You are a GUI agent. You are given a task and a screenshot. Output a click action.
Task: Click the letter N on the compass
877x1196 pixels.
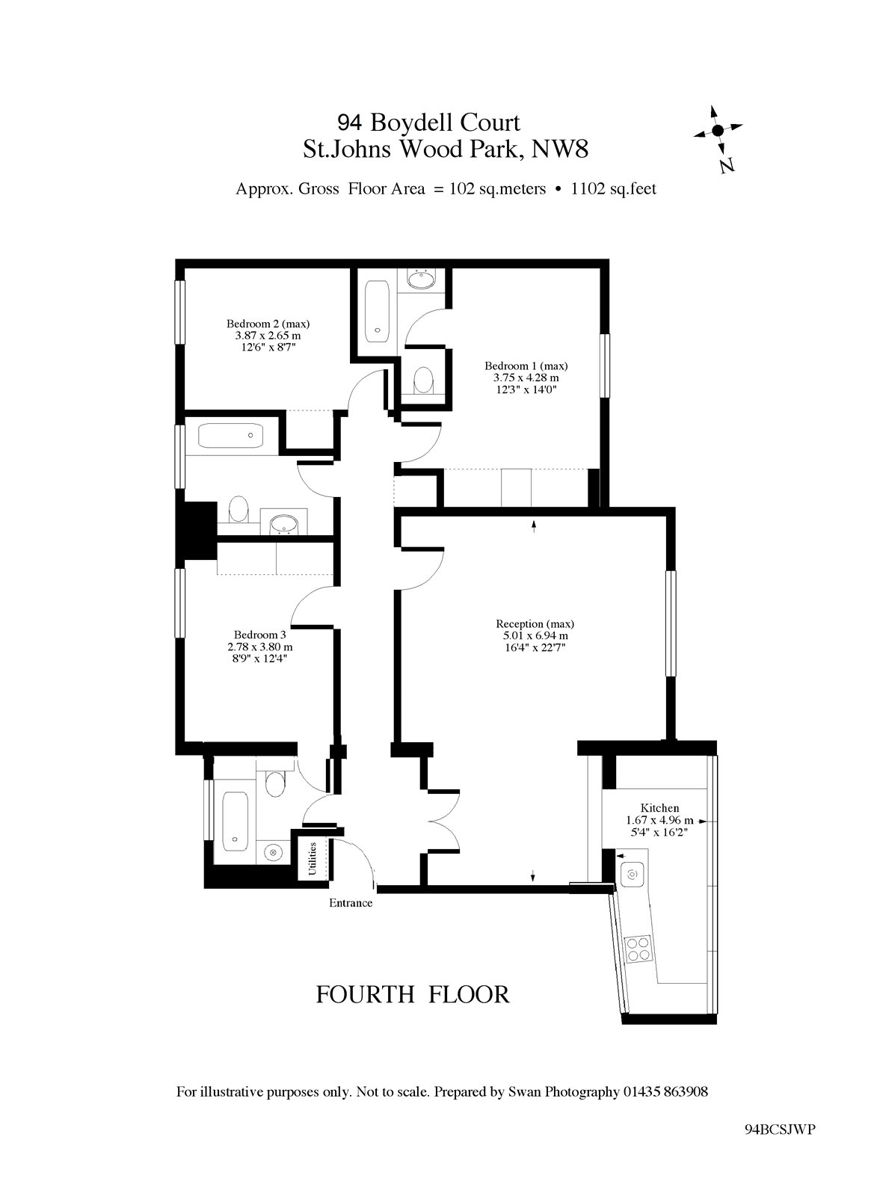(x=727, y=165)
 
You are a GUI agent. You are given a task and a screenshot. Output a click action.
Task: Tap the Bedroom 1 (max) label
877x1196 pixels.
(x=526, y=366)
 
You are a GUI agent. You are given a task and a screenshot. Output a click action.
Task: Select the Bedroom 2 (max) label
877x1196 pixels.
(x=268, y=324)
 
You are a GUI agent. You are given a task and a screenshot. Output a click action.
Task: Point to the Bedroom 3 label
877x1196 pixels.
(x=259, y=635)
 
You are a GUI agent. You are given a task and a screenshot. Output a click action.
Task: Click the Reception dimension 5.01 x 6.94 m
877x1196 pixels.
(x=535, y=635)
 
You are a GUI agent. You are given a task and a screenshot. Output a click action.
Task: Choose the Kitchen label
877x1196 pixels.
(x=659, y=808)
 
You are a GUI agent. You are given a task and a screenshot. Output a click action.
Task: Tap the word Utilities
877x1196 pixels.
(x=313, y=859)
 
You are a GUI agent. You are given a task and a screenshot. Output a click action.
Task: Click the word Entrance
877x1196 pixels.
(x=351, y=903)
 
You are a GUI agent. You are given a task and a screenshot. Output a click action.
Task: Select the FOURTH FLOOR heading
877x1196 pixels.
(x=413, y=995)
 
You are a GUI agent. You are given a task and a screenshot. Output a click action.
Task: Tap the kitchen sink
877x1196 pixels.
(x=633, y=875)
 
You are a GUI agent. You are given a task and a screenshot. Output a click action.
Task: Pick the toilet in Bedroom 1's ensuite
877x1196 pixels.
(x=424, y=379)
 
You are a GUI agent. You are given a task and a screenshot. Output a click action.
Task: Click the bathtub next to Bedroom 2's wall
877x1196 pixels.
(x=230, y=436)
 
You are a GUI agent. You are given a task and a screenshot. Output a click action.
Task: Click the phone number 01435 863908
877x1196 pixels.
(x=665, y=1092)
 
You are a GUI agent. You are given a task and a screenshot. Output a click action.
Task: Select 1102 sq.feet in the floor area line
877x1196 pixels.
(x=614, y=189)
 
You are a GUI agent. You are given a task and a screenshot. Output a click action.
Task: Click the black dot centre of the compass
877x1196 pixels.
(x=718, y=130)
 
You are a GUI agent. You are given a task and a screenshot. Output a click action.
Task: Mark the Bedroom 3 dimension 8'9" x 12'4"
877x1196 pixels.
(x=260, y=659)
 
